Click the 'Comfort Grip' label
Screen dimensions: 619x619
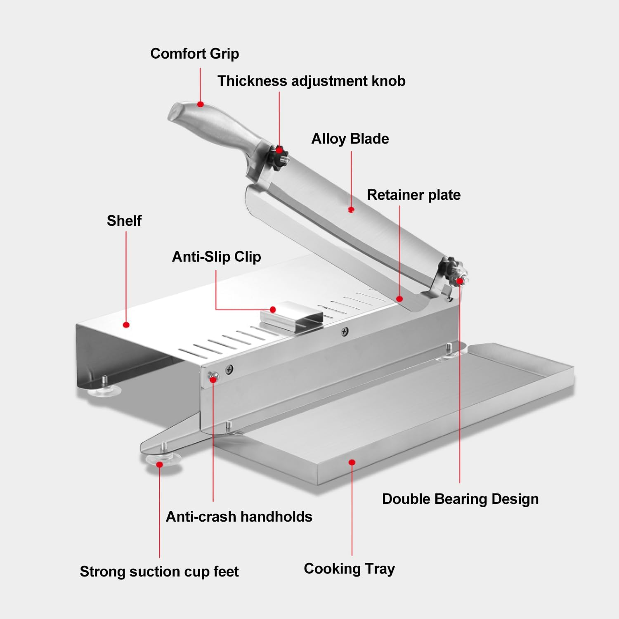(194, 54)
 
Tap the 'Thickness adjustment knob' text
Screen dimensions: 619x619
(311, 81)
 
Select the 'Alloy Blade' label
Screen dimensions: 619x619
(350, 139)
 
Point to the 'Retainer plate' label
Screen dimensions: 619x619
(413, 195)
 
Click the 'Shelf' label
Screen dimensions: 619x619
(124, 221)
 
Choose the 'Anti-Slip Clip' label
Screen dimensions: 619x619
(216, 257)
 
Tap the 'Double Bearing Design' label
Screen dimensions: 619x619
(460, 499)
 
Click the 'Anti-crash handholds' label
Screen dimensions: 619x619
(239, 517)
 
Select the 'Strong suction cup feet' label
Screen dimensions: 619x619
(159, 572)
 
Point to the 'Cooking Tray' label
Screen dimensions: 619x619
(349, 569)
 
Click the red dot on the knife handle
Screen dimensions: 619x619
(200, 104)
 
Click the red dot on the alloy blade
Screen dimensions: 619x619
(351, 210)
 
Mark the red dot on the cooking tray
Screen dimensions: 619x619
(352, 462)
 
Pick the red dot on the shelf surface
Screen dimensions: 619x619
(126, 325)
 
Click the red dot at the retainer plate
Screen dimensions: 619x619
(399, 299)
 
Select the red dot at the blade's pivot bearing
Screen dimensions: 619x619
(460, 281)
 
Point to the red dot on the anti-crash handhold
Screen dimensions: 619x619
(213, 378)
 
